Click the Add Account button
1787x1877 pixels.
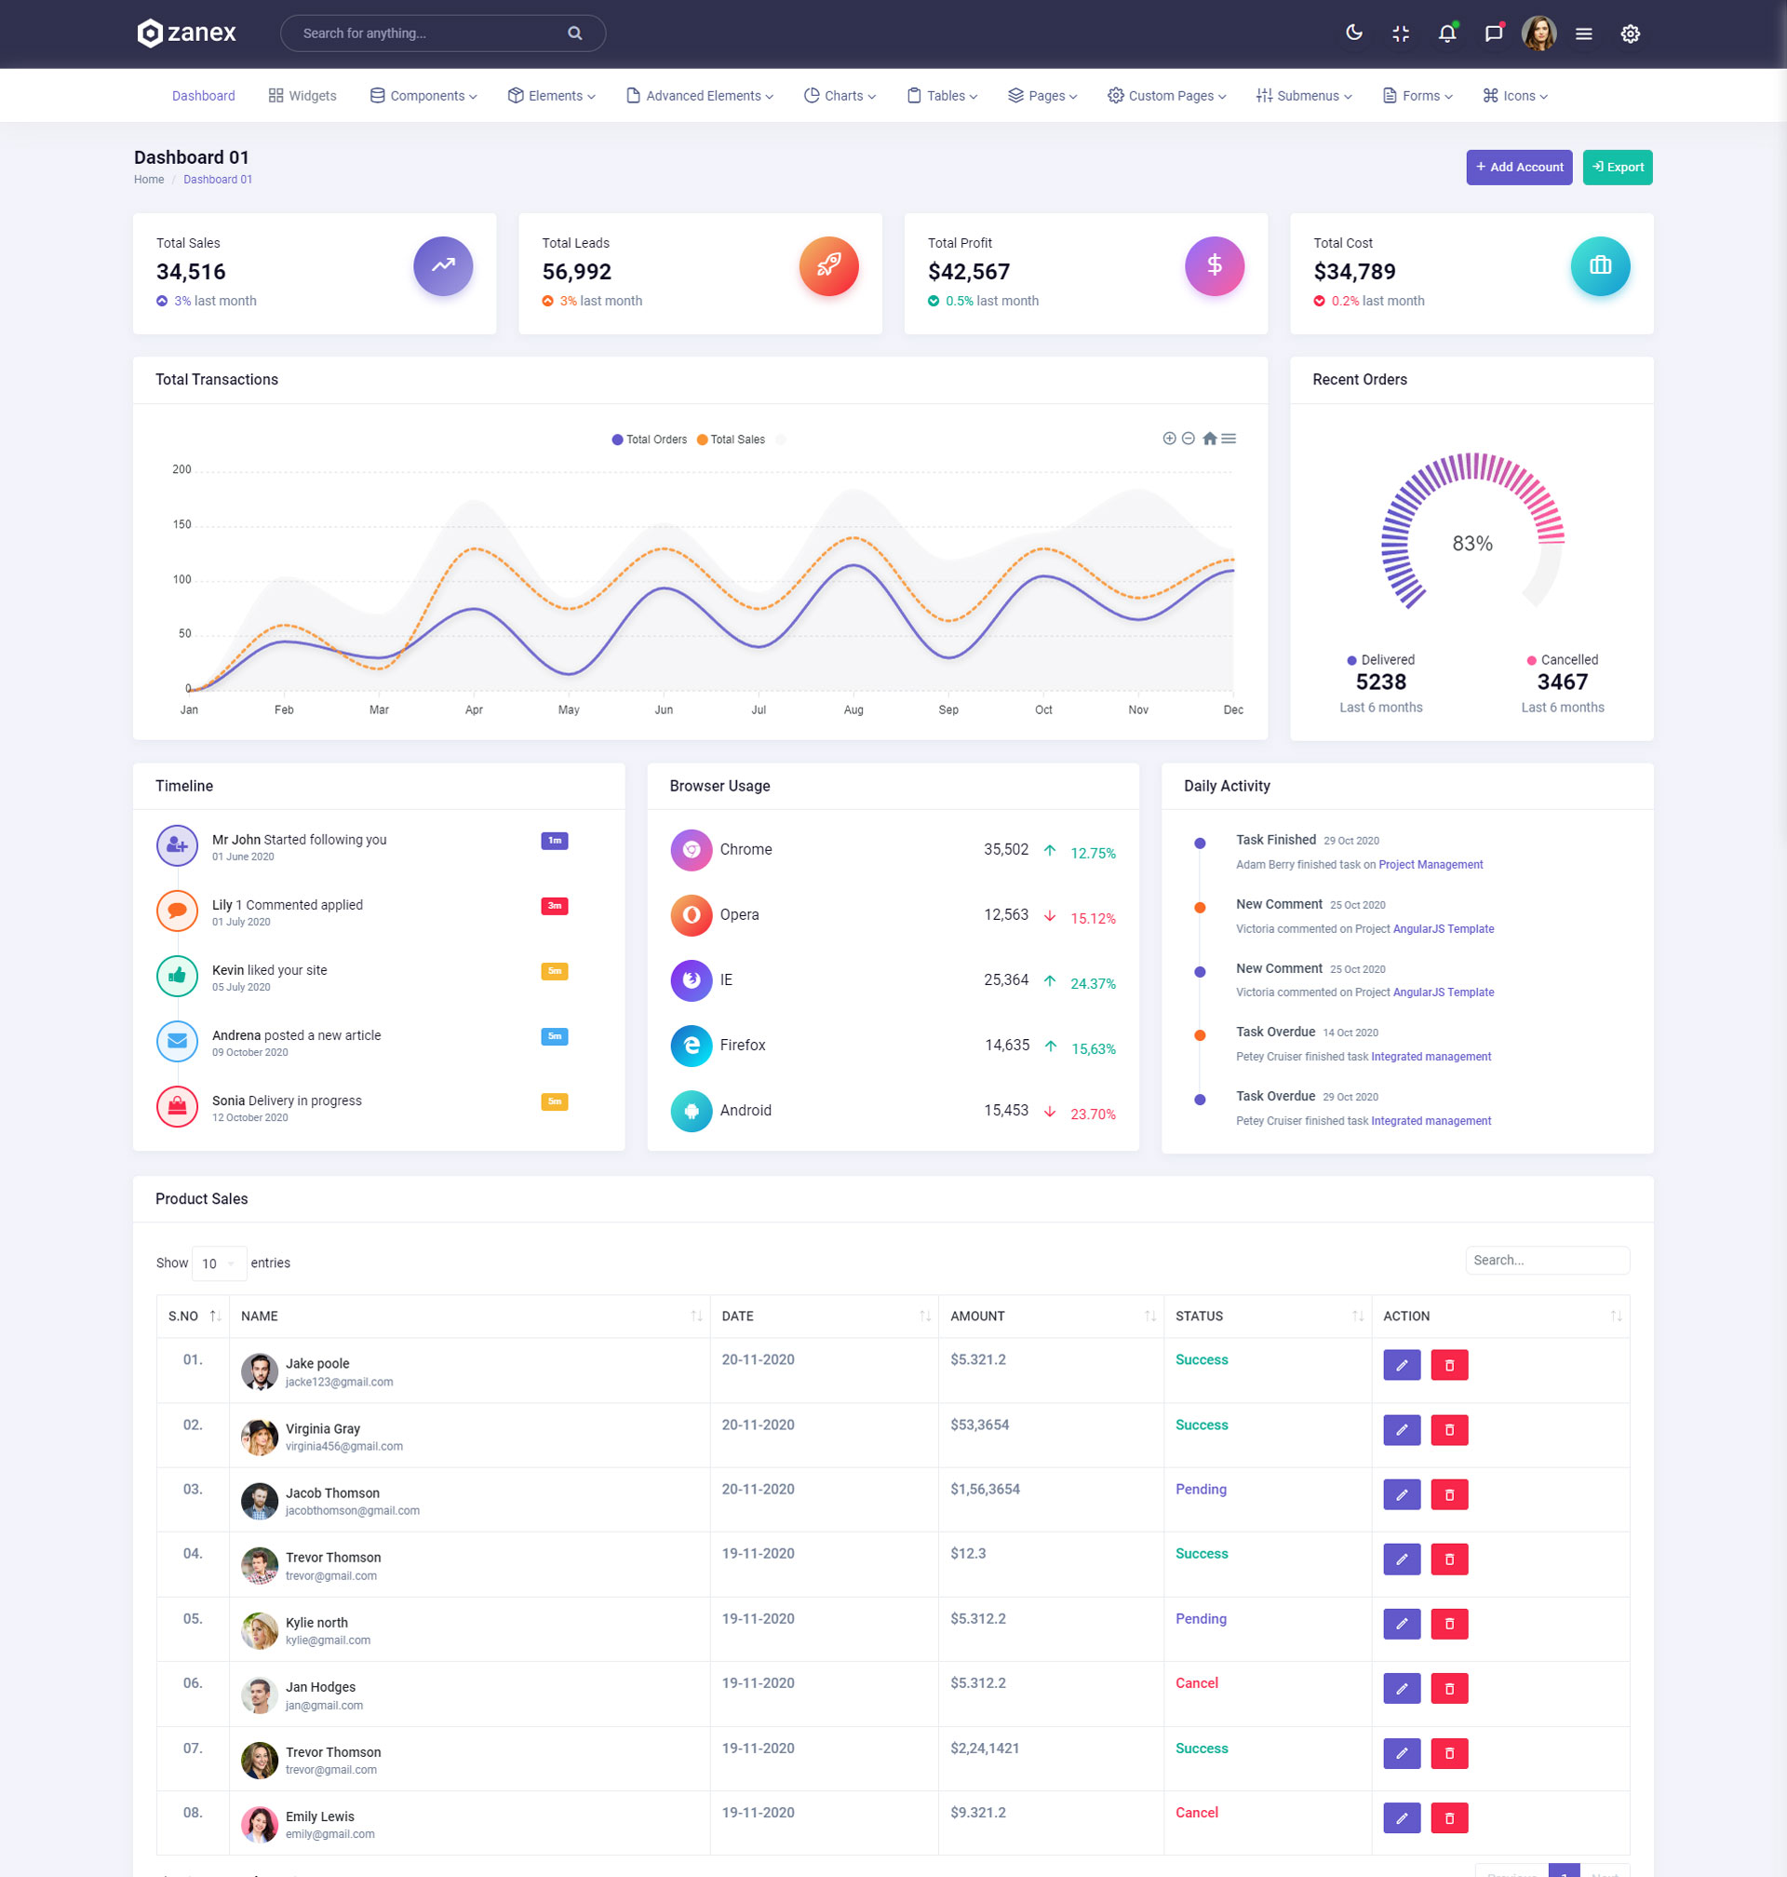point(1518,167)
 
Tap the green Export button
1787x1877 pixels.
point(1617,167)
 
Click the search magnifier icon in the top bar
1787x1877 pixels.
point(574,34)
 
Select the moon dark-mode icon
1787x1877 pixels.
point(1353,34)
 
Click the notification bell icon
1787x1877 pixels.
point(1446,34)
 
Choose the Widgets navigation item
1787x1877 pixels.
point(302,96)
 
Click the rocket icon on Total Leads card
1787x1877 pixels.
point(827,266)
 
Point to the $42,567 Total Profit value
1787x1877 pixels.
point(968,272)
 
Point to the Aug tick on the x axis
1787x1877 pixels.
point(853,709)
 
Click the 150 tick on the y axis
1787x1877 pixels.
point(181,524)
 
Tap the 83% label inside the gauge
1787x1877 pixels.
point(1471,543)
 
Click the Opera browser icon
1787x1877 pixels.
point(692,914)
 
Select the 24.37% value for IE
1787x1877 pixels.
point(1093,983)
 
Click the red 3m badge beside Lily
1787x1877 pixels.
point(555,905)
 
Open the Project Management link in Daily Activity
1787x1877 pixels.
point(1430,864)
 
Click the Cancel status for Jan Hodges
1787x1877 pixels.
point(1196,1682)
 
